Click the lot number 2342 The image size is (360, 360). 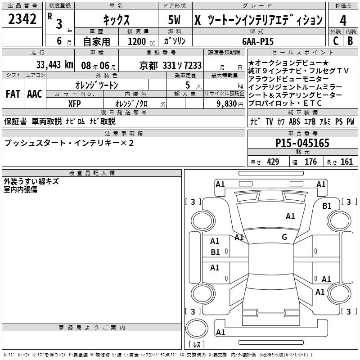22,19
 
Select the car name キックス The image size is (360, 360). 116,20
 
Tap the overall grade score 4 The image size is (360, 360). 343,20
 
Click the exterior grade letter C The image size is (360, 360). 335,40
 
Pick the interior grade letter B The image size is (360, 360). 350,40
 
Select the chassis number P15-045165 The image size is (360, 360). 302,144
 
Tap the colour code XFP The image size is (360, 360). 74,103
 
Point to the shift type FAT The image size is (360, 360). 13,94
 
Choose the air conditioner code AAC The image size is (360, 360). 34,94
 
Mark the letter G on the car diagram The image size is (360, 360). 284,237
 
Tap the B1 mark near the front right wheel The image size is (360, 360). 327,206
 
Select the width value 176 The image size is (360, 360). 310,162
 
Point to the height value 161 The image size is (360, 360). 346,162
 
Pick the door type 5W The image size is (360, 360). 175,20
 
